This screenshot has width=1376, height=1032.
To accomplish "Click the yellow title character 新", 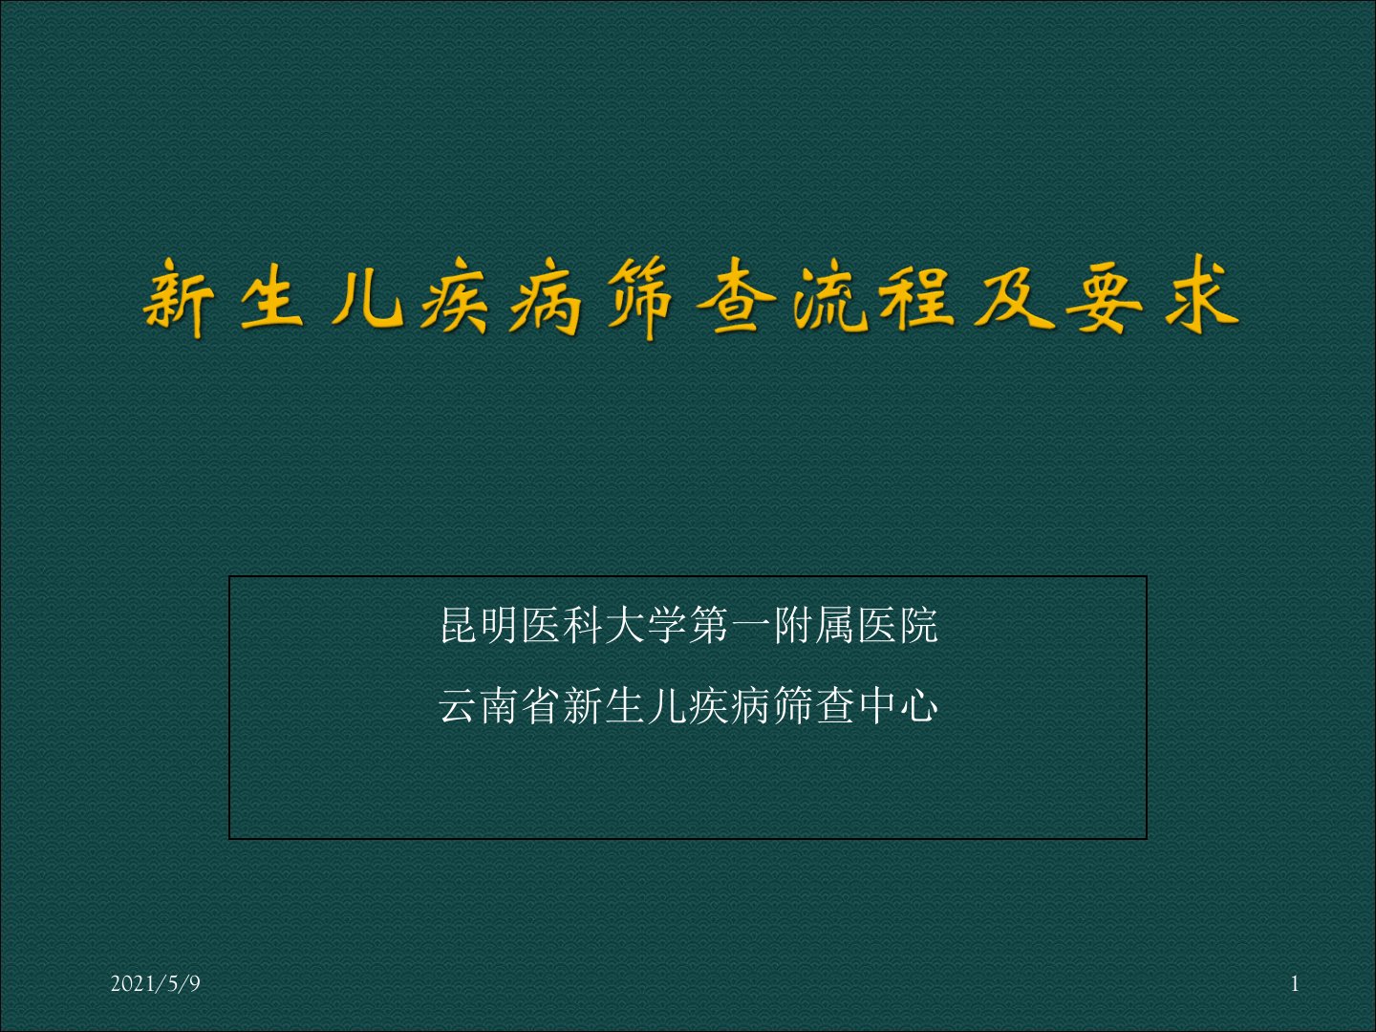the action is (178, 299).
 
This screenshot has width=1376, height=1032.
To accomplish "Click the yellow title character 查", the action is (736, 297).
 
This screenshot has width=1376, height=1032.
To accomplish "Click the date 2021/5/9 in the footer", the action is (156, 983).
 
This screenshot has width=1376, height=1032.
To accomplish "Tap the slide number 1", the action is (1295, 984).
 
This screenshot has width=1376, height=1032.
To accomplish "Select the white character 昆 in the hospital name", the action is (460, 625).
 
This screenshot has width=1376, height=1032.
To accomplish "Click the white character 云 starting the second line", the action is (459, 705).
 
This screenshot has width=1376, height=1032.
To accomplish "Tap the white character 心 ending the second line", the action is (918, 705).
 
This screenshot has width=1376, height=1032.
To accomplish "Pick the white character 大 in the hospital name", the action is (625, 625).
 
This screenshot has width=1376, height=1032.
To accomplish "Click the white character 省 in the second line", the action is (542, 705).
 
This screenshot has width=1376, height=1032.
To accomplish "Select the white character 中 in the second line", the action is (877, 705).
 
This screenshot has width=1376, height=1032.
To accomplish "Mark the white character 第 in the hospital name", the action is (709, 625).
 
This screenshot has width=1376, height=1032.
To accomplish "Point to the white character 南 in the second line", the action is (500, 705).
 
